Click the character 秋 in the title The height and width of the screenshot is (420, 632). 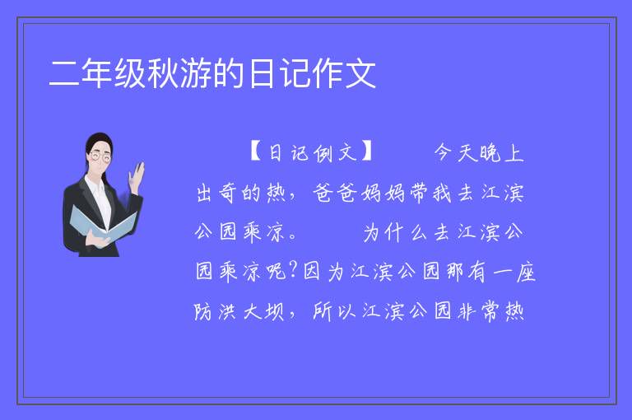163,73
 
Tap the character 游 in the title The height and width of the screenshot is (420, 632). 196,73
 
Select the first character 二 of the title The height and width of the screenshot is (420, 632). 64,73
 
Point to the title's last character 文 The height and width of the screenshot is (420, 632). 360,73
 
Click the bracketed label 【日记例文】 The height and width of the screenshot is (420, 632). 311,153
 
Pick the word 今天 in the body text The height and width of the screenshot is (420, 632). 454,153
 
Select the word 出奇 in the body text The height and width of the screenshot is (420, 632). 216,193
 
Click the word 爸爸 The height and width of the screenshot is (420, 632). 335,193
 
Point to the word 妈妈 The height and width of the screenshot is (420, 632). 383,193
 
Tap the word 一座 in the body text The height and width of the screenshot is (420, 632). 513,271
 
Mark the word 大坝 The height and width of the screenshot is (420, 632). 263,311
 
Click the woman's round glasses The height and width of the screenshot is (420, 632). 100,156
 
